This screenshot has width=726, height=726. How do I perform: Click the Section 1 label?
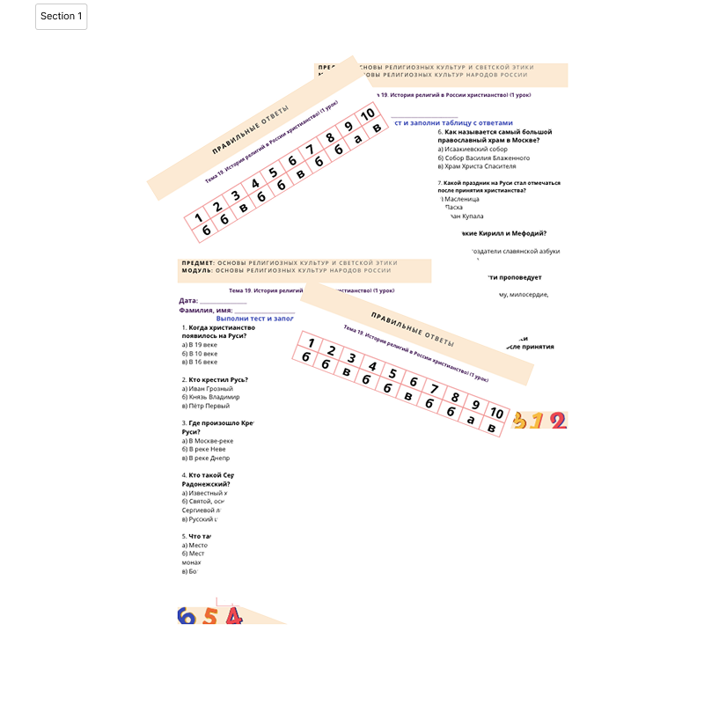point(62,17)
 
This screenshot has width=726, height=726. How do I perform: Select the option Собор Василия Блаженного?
point(486,158)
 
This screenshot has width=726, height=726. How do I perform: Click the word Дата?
point(188,301)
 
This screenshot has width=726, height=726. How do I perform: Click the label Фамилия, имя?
point(205,311)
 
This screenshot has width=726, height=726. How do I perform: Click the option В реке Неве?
point(203,449)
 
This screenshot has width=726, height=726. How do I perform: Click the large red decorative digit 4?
point(233,616)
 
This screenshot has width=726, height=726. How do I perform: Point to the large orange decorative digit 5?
point(209,616)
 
